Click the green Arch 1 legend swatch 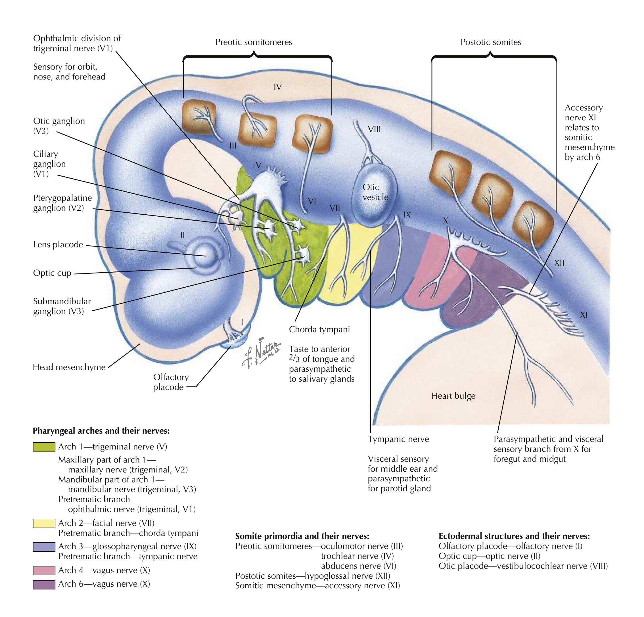pos(44,447)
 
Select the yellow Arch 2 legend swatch pos(44,523)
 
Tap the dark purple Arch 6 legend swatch pos(44,584)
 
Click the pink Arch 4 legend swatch pos(44,571)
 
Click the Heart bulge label pos(453,396)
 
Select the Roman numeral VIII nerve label pos(374,129)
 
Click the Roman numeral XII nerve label pos(559,263)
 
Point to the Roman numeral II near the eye pos(182,235)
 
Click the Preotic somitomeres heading pos(254,42)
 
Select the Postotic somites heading pos(491,42)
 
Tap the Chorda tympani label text pos(319,330)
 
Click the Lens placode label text pos(58,245)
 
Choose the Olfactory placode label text pos(171,382)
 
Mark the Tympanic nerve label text pos(398,439)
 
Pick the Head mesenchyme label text pos(69,367)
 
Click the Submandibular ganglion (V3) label pos(62,306)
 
